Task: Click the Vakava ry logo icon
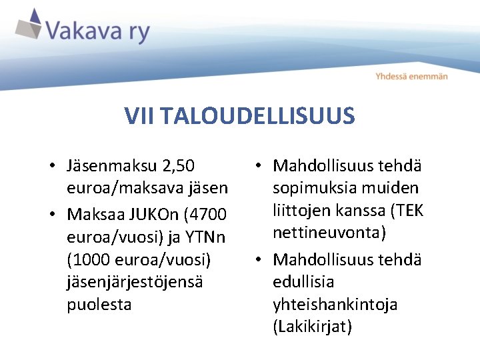pyautogui.click(x=27, y=25)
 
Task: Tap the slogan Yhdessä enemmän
pyautogui.click(x=411, y=76)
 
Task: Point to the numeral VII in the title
pyautogui.click(x=138, y=117)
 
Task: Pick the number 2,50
pyautogui.click(x=178, y=165)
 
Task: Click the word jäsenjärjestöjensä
pyautogui.click(x=135, y=281)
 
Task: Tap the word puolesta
pyautogui.click(x=99, y=305)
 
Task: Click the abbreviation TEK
pyautogui.click(x=409, y=211)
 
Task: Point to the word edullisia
pyautogui.click(x=303, y=281)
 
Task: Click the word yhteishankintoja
pyautogui.click(x=335, y=305)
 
